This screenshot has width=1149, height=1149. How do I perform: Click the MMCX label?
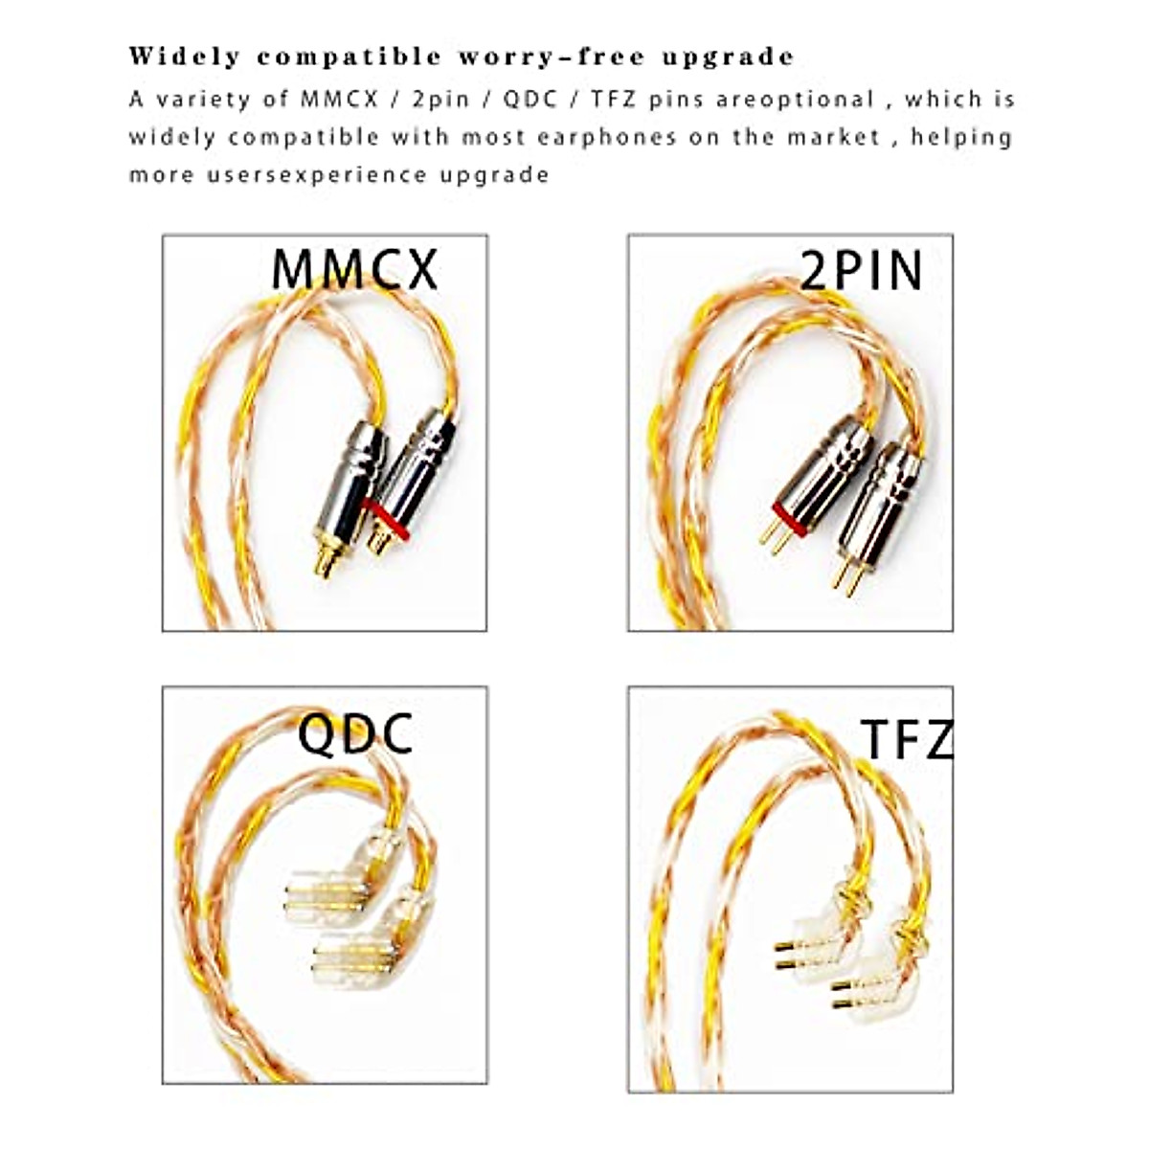[x=354, y=269]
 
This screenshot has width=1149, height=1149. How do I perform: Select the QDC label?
[x=355, y=734]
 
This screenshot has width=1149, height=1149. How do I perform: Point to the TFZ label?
[x=908, y=738]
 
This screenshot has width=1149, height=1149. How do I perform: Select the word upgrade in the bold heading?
[x=729, y=56]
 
